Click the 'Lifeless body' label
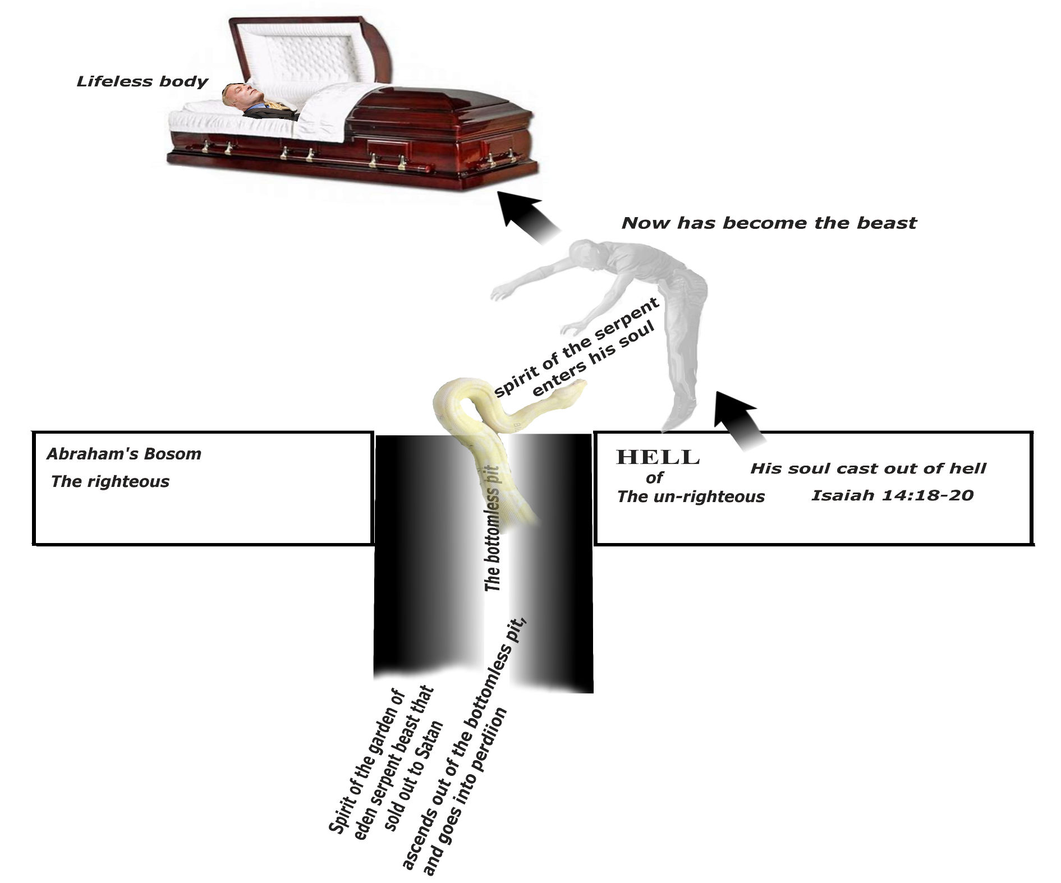coord(142,82)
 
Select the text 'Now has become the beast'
coord(769,223)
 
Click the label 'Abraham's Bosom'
coord(123,454)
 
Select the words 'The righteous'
coord(110,481)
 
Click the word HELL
coord(658,458)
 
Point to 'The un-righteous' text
coord(691,496)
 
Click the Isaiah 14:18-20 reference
coord(892,495)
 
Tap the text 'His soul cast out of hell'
coord(868,468)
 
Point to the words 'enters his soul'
coord(594,359)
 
